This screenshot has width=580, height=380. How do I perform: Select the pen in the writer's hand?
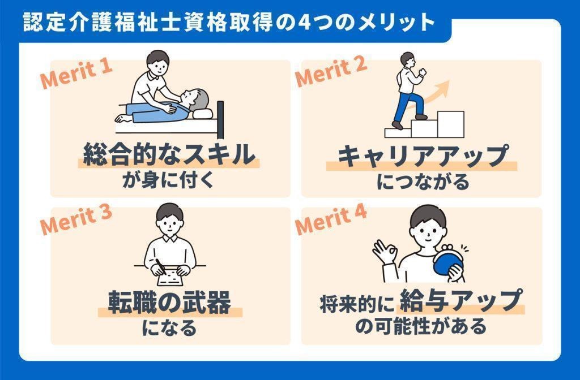(x=160, y=266)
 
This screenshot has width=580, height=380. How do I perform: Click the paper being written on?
(x=170, y=277)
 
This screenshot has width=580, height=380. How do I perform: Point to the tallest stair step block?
(x=450, y=124)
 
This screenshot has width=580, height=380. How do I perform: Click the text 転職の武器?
(x=170, y=302)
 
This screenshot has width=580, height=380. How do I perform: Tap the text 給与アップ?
(x=461, y=300)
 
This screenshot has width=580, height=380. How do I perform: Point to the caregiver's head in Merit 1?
(x=158, y=62)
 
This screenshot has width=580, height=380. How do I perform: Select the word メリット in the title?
(x=396, y=22)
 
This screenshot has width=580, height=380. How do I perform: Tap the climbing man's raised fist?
(x=422, y=71)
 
